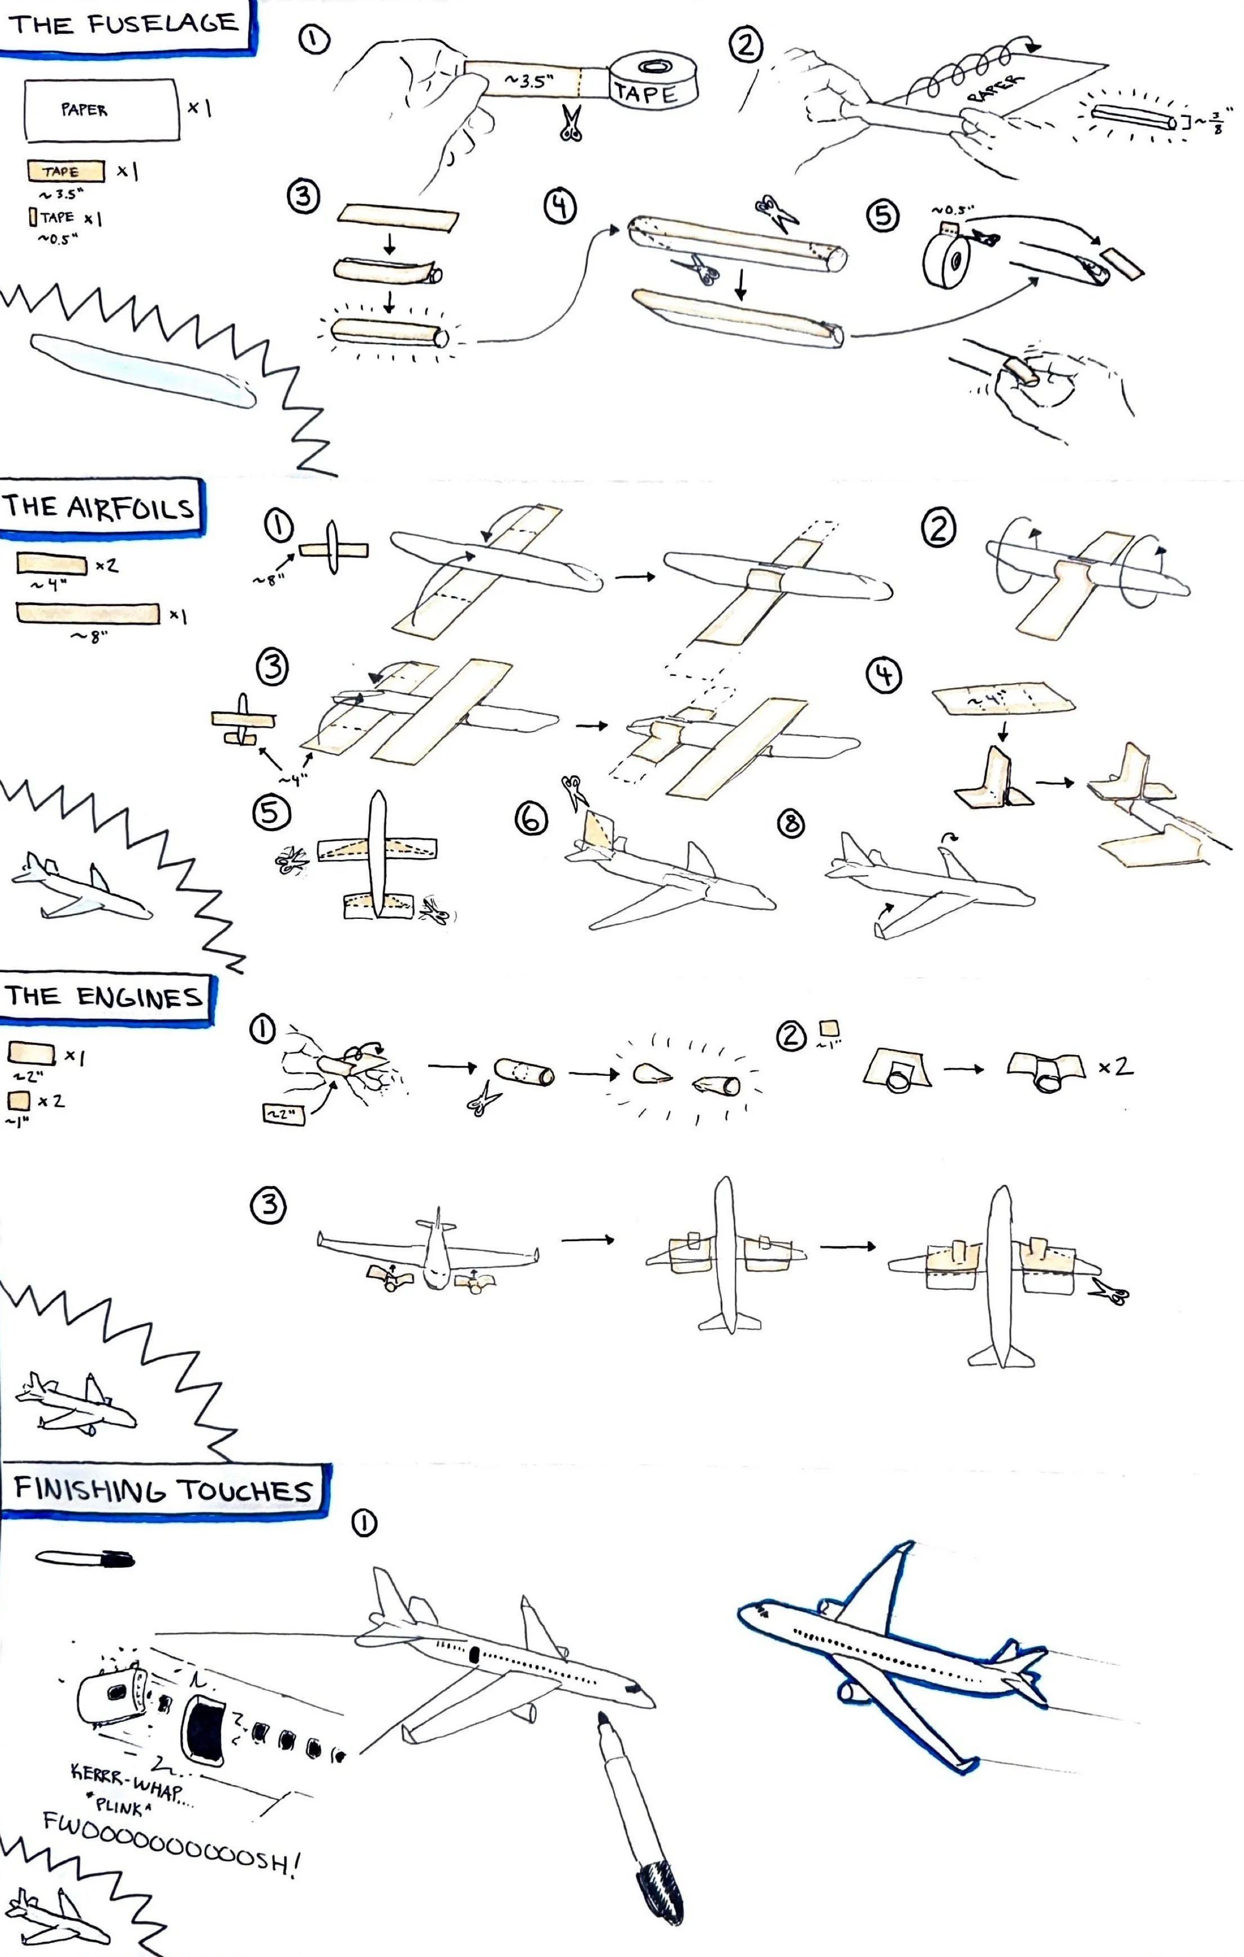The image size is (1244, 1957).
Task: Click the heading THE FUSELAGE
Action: [124, 24]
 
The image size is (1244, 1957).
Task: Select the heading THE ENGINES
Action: [104, 997]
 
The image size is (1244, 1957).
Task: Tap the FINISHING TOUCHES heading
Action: [163, 1489]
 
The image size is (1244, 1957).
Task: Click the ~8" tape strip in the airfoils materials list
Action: [88, 613]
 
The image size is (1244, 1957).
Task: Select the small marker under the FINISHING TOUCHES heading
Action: [86, 1559]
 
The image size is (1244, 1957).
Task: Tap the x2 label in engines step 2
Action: [1116, 1067]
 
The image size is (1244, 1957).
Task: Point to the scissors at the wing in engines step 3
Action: [1109, 1291]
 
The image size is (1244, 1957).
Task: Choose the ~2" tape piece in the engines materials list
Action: [31, 1054]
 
